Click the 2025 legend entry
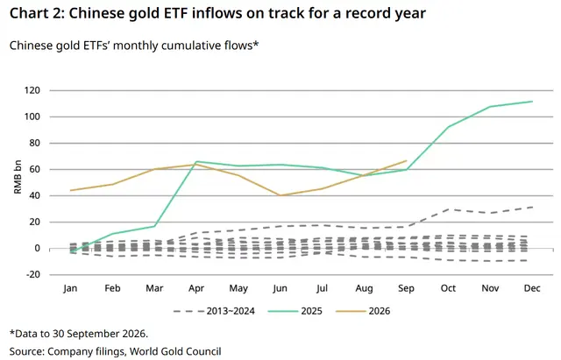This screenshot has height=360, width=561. [295, 311]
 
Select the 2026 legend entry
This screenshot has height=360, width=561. [363, 311]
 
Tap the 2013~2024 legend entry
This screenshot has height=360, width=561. [214, 311]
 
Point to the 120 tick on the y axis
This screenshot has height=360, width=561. [32, 90]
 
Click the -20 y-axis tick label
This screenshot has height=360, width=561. [32, 274]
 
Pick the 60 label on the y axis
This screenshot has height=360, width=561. [35, 169]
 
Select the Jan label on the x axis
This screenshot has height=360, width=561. [70, 288]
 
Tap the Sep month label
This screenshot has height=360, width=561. [406, 288]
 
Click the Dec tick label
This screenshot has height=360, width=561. [532, 288]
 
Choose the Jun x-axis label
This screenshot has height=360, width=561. [280, 288]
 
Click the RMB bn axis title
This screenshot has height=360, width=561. [18, 177]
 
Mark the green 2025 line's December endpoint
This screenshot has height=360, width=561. [532, 102]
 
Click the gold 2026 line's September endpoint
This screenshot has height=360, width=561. [407, 161]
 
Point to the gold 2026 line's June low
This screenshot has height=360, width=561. [280, 195]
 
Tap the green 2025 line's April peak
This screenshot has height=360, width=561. [196, 161]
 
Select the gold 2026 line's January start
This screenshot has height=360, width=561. [70, 190]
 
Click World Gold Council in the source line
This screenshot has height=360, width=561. [175, 351]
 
